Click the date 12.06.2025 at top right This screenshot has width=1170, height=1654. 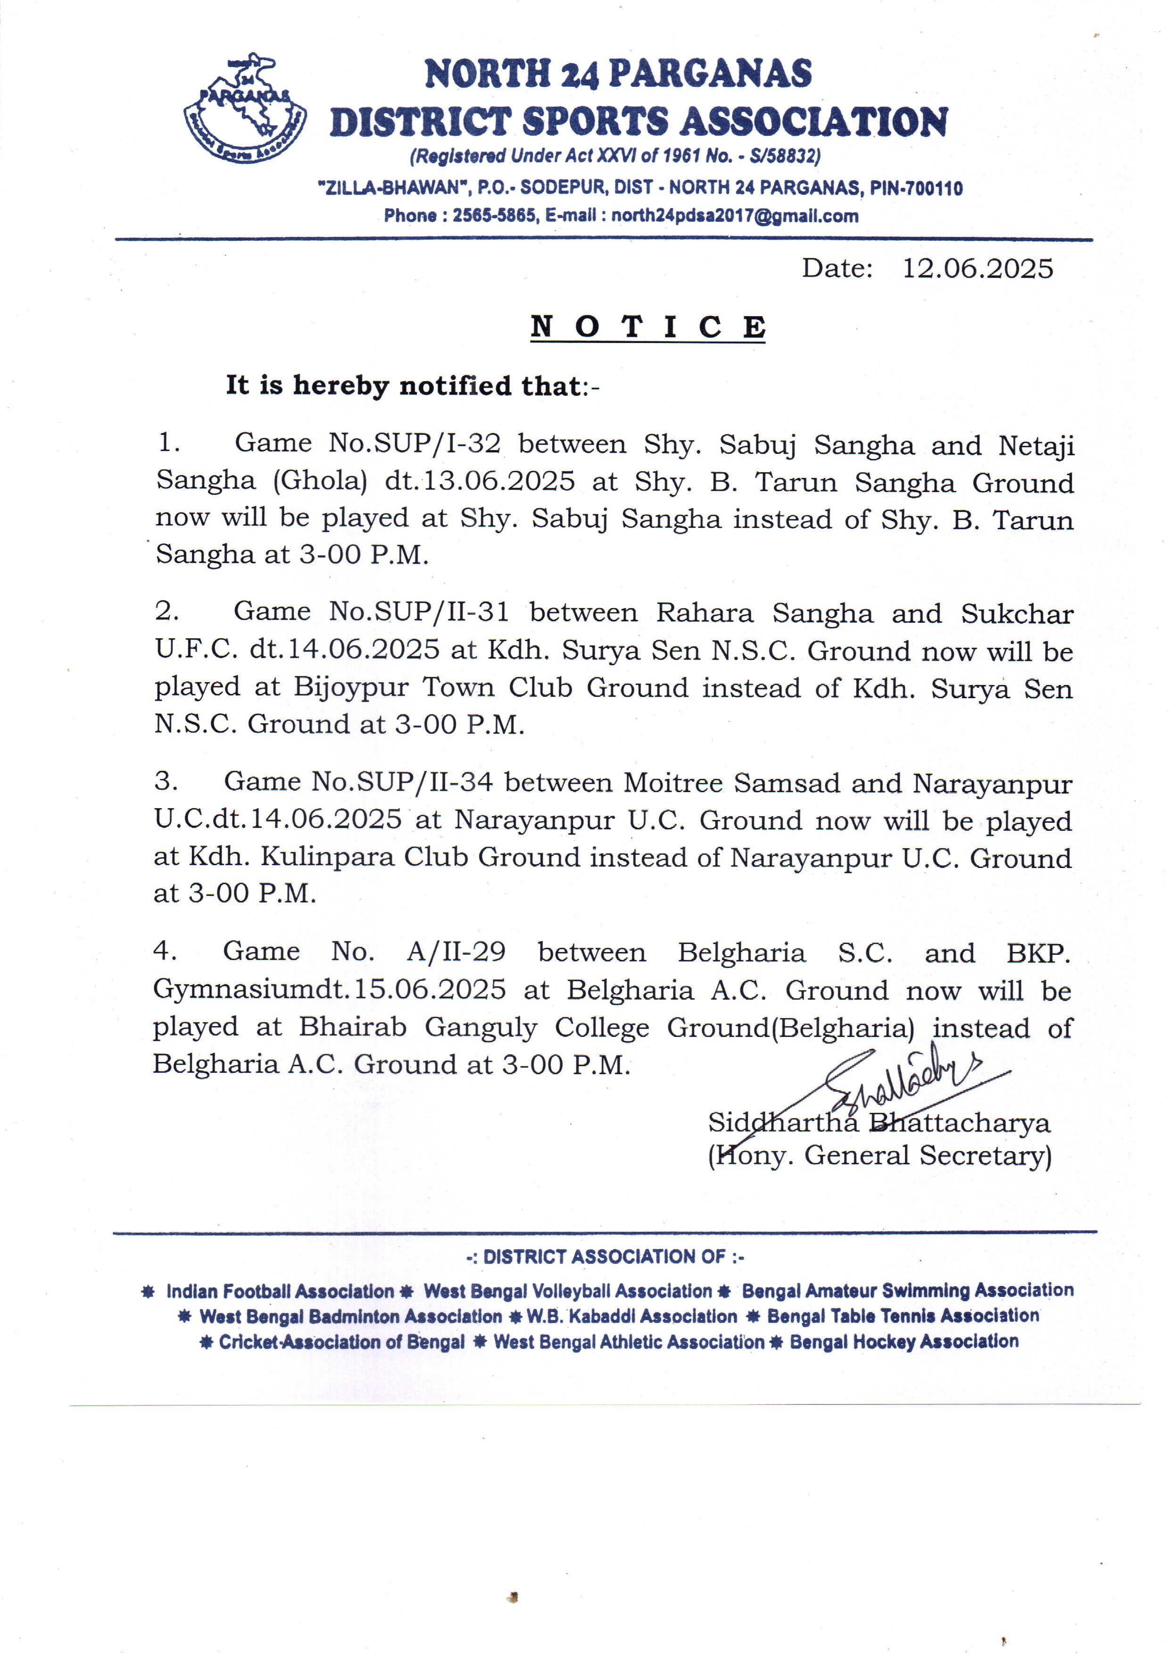(x=977, y=269)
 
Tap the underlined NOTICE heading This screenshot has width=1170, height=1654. (x=647, y=327)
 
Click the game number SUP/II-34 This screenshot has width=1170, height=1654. (x=425, y=783)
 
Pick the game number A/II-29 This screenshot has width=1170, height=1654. (x=456, y=952)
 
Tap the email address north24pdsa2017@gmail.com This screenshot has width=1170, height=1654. (x=735, y=216)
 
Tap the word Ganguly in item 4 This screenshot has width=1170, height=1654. (x=481, y=1027)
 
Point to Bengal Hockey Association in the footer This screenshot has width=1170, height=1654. (x=904, y=1342)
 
